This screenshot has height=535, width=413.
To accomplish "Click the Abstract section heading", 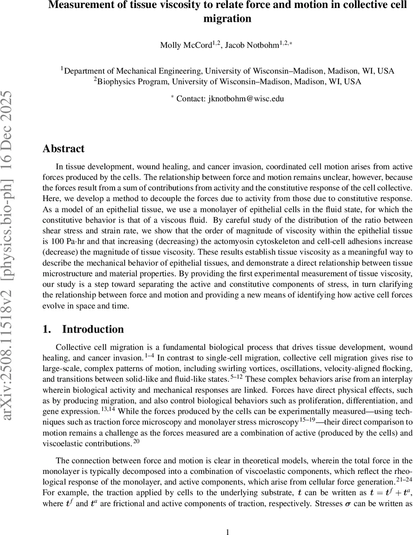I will tap(63, 148).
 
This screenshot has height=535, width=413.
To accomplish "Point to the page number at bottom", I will tap(227, 519).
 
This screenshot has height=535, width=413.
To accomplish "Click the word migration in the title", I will tap(227, 19).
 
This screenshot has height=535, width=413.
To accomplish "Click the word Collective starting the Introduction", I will tap(73, 347).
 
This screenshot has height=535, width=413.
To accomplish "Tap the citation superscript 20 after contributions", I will tap(136, 441).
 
